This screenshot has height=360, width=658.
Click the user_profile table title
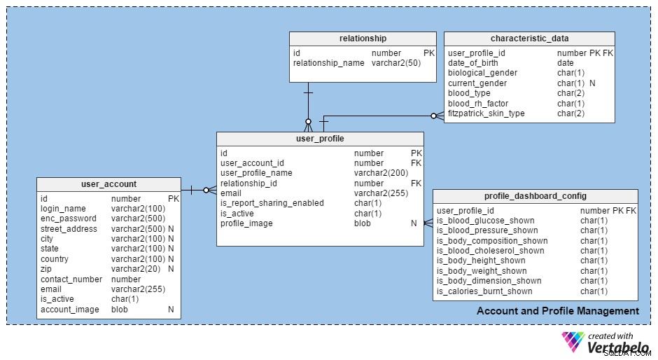(320, 139)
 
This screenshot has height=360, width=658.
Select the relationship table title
(363, 39)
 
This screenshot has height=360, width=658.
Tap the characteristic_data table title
(530, 39)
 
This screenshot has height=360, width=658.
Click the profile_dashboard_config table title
(535, 195)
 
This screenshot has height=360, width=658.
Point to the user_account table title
(108, 184)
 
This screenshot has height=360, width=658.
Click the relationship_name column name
(328, 63)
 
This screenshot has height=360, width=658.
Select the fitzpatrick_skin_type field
(486, 113)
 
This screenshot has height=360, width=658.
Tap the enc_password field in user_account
(69, 219)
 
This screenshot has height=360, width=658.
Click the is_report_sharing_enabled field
(272, 203)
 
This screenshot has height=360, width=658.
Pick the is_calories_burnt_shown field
(484, 291)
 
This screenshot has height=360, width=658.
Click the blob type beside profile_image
(362, 223)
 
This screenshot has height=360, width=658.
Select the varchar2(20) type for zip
(136, 269)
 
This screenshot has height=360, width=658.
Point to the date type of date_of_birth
(566, 63)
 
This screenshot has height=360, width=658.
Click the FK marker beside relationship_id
(416, 183)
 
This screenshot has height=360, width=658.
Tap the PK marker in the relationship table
(429, 53)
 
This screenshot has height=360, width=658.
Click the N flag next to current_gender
(592, 83)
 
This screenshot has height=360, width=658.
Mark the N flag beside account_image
(171, 309)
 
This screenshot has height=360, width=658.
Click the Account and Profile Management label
(558, 311)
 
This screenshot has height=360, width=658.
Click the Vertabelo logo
(605, 342)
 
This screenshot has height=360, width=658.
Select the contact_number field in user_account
(71, 279)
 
